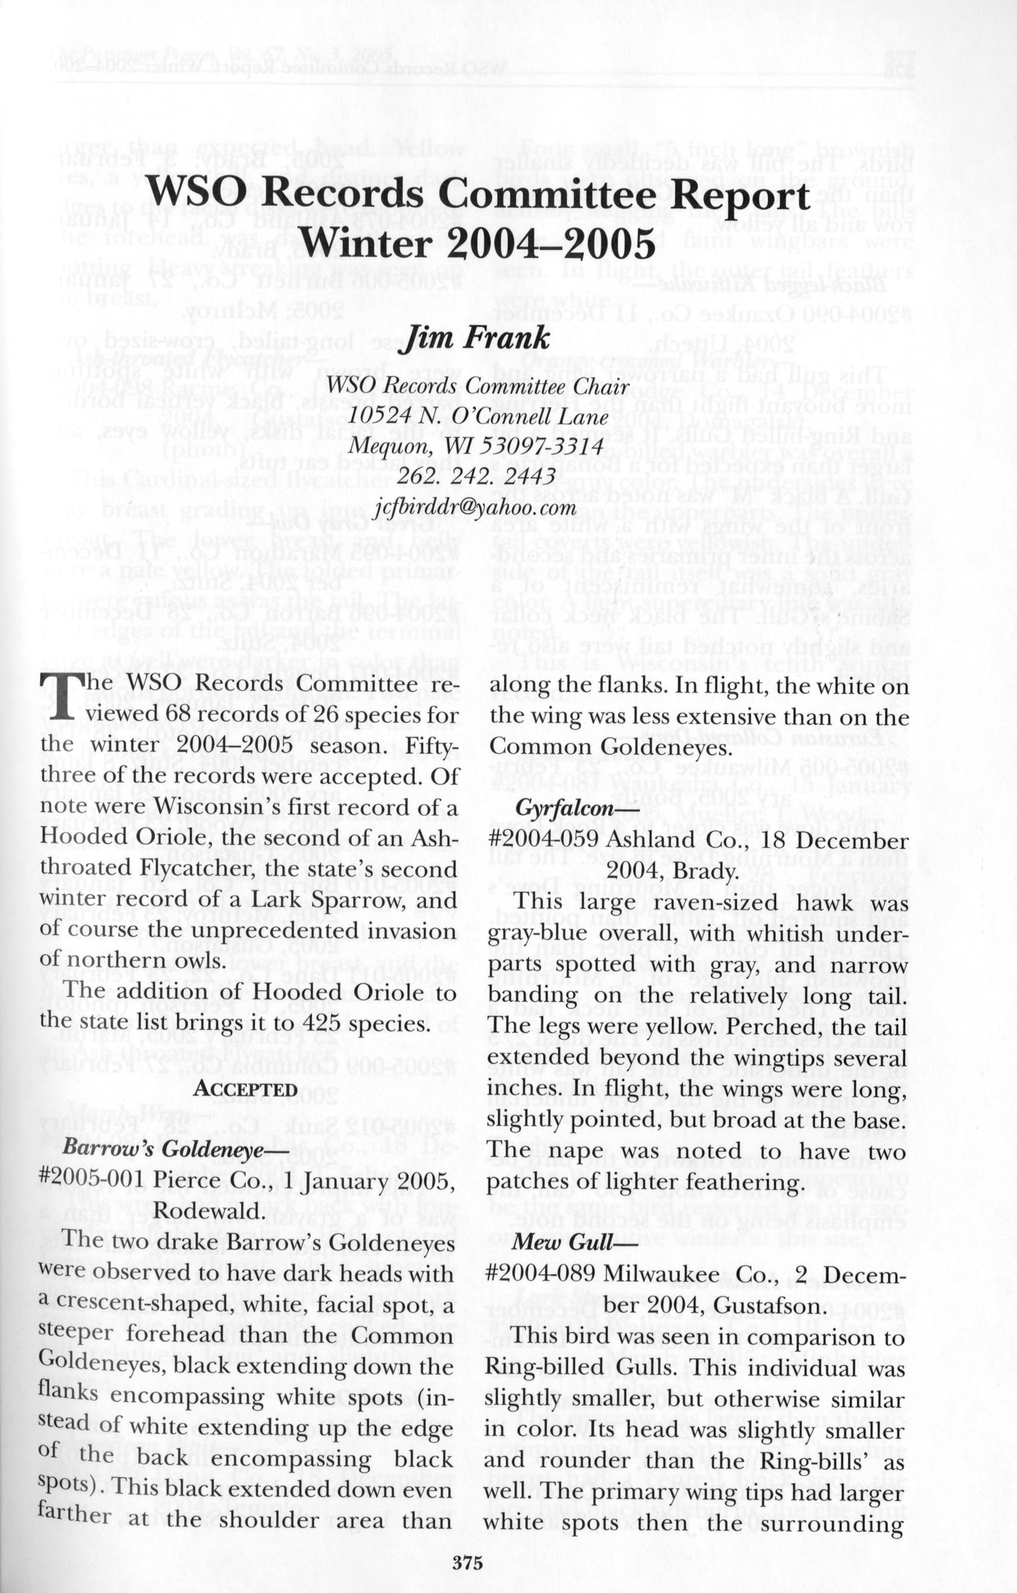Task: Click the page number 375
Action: pyautogui.click(x=468, y=1539)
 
